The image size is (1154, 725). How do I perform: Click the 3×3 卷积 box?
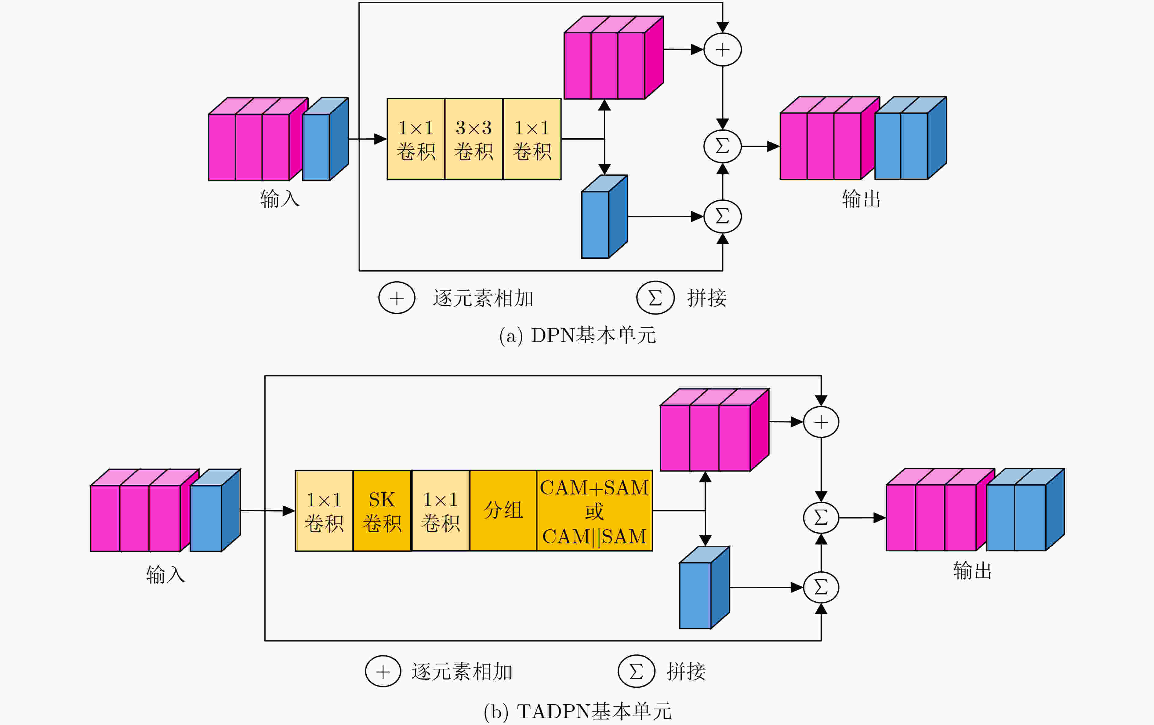(474, 139)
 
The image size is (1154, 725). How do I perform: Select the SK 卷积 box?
(382, 511)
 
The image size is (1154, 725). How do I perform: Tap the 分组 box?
(503, 511)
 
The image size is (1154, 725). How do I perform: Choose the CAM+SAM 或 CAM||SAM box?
(594, 511)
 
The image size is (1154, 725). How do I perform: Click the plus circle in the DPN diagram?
(722, 49)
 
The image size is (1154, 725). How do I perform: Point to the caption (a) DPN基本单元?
(578, 335)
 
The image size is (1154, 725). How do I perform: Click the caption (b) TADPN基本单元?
(578, 712)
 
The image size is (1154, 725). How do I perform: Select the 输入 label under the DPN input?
(280, 199)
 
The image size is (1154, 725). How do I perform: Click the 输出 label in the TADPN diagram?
(972, 570)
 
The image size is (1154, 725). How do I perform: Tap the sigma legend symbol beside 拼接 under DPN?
(655, 298)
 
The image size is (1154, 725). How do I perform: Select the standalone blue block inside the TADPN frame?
(705, 587)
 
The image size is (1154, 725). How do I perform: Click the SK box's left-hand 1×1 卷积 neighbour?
(324, 511)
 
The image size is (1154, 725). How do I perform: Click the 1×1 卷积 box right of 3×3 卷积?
(532, 139)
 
